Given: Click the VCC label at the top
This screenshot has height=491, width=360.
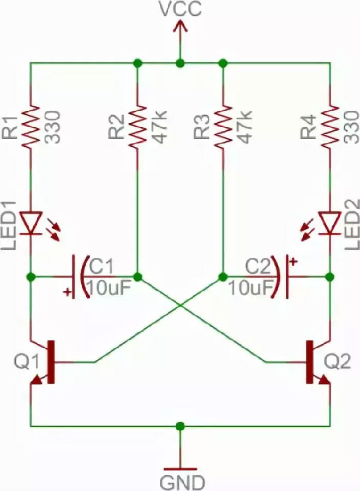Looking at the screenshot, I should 179,9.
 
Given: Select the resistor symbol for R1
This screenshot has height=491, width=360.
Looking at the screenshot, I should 31,127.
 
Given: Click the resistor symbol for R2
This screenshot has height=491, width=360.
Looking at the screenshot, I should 137,127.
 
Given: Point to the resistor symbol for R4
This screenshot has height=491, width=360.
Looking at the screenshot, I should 329,127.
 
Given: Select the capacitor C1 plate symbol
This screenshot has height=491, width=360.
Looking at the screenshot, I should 80,277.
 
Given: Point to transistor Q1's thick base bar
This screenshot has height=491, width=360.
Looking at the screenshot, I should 51,362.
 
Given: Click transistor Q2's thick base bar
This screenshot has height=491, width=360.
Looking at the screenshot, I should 309,362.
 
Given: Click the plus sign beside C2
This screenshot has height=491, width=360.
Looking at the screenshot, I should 293,262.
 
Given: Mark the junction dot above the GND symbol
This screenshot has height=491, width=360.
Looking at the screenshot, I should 181,426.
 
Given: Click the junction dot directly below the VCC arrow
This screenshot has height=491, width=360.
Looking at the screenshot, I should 180,63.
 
